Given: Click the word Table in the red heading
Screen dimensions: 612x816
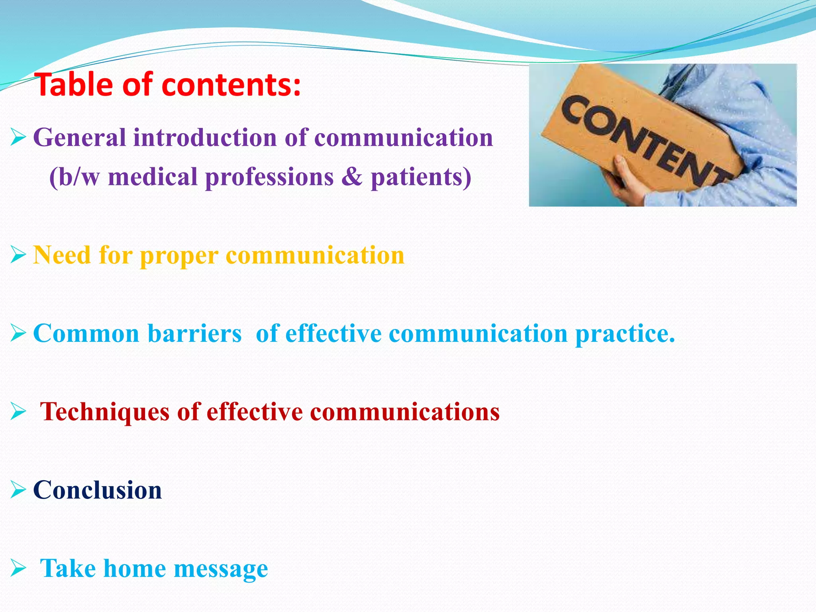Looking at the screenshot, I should tap(74, 85).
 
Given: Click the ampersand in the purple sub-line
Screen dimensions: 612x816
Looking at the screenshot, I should tap(352, 177).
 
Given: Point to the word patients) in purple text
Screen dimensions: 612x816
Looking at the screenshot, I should tap(421, 177).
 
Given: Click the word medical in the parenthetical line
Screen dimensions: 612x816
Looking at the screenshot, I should tap(153, 177).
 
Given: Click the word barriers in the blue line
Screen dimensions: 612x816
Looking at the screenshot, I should tap(194, 333).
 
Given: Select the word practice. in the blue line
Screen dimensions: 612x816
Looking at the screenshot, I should tap(625, 334).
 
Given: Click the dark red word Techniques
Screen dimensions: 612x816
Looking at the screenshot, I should tap(105, 412).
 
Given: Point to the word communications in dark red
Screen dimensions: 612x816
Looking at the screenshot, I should tap(405, 412).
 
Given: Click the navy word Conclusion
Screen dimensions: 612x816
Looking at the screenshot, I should tap(98, 490).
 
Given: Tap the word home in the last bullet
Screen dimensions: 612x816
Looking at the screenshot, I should tap(134, 568).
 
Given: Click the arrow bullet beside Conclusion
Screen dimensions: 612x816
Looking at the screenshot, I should tap(18, 490).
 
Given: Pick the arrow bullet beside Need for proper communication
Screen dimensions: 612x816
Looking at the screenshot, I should tap(18, 255).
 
